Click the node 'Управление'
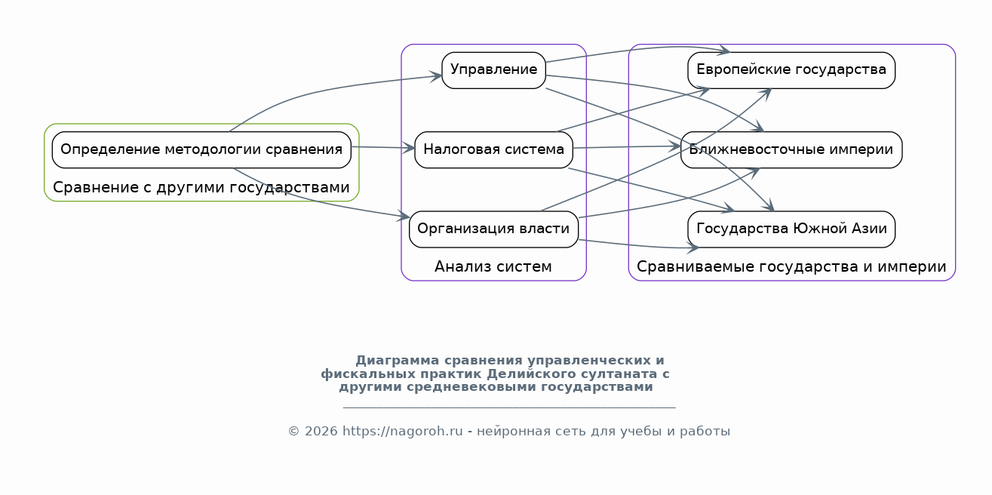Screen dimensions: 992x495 (x=493, y=70)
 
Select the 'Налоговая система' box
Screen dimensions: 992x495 (x=493, y=150)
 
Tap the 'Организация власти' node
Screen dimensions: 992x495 (x=493, y=229)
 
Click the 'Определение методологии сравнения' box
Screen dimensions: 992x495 (x=201, y=150)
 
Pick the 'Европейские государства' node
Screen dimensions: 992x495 (x=791, y=70)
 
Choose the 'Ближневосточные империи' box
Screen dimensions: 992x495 (x=791, y=150)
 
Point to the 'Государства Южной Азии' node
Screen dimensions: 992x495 (x=791, y=229)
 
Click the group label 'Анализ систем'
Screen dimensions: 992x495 (x=493, y=267)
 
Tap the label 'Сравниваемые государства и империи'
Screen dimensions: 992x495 (x=791, y=267)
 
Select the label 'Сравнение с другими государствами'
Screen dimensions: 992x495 (x=201, y=187)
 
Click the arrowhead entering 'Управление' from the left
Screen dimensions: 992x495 (x=436, y=76)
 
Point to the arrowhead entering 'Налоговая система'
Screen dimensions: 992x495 (x=409, y=148)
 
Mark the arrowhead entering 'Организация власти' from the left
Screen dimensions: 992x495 (x=404, y=216)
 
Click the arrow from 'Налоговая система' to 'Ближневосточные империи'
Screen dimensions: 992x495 (x=627, y=146)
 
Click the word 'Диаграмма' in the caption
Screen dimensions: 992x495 (x=398, y=360)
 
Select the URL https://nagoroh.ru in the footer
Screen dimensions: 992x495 (x=403, y=431)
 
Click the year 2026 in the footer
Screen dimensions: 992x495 (x=321, y=431)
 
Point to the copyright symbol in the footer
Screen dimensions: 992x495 (x=294, y=431)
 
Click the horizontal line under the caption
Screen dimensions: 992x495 (x=509, y=407)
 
